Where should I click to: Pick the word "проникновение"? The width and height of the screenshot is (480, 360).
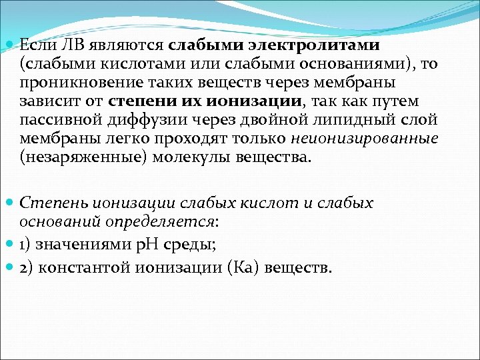click(x=69, y=83)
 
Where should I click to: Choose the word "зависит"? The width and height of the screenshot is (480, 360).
click(x=43, y=101)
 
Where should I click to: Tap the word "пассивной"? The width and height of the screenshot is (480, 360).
click(x=51, y=120)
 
